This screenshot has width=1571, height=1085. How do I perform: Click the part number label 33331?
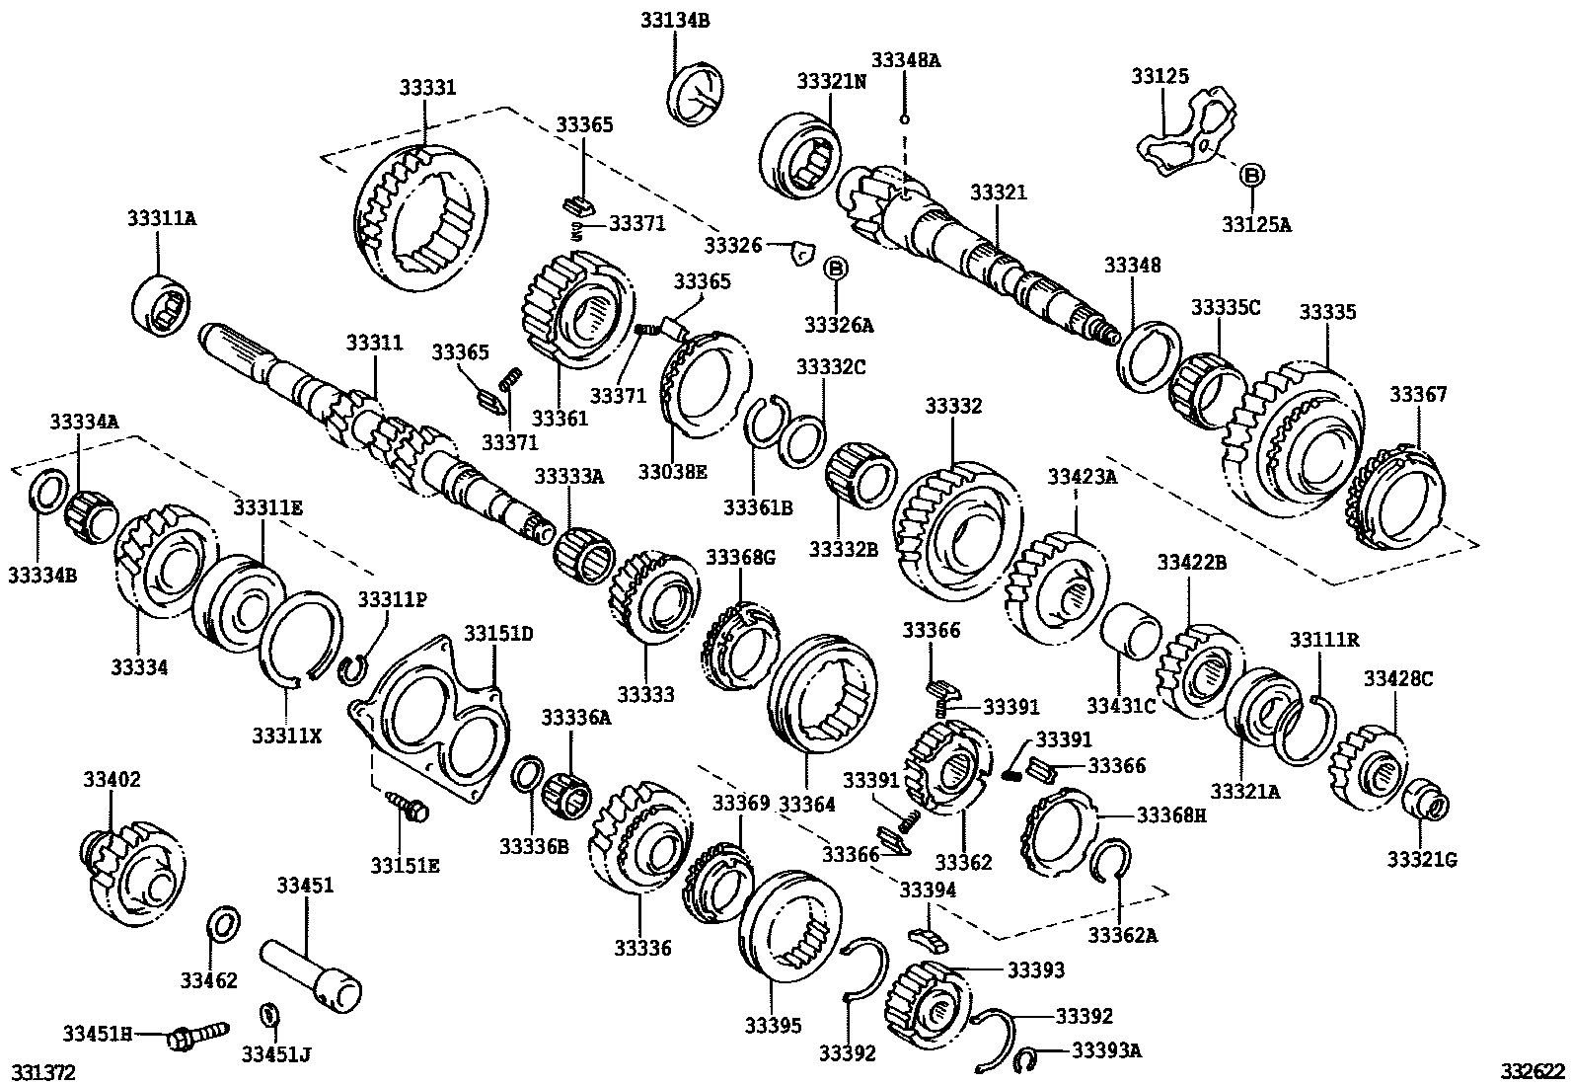pyautogui.click(x=427, y=88)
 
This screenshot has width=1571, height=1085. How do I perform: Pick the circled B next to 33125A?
pyautogui.click(x=1250, y=176)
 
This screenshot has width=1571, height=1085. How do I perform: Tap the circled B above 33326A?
pyautogui.click(x=835, y=268)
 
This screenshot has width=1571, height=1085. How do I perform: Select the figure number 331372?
pyautogui.click(x=42, y=1071)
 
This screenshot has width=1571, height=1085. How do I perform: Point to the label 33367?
pyautogui.click(x=1418, y=395)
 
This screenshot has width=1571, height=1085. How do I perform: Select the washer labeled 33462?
pyautogui.click(x=225, y=926)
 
